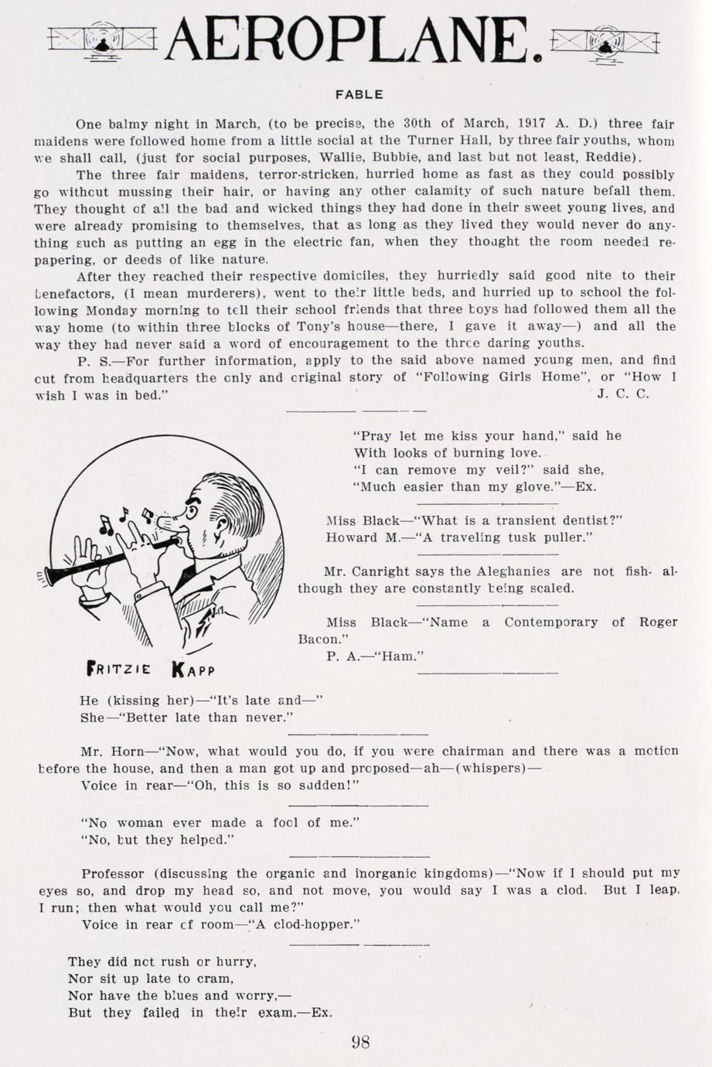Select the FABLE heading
pyautogui.click(x=359, y=94)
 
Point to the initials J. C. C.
pyautogui.click(x=623, y=394)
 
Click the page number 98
pyautogui.click(x=360, y=1041)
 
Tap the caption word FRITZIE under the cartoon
pyautogui.click(x=119, y=668)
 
